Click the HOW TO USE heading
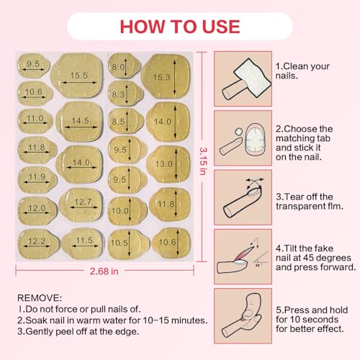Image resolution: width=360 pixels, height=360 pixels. coord(179,27)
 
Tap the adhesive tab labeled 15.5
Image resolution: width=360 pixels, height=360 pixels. coord(79,75)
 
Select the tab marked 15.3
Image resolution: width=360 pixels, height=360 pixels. coord(166,77)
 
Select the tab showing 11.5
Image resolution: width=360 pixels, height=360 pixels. coord(83,240)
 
